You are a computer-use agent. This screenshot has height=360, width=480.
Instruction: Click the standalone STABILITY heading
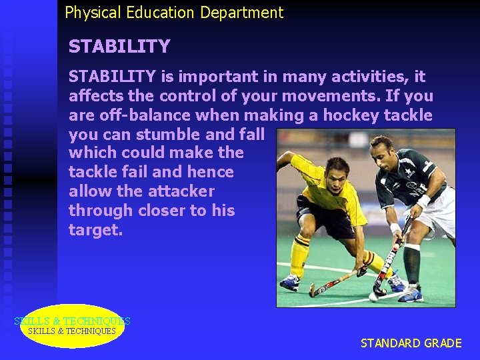(119, 47)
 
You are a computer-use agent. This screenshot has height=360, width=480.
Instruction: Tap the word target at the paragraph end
(95, 230)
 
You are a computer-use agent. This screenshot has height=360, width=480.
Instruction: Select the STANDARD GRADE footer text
(411, 343)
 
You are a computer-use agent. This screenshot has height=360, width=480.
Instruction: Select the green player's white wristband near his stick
(423, 201)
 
